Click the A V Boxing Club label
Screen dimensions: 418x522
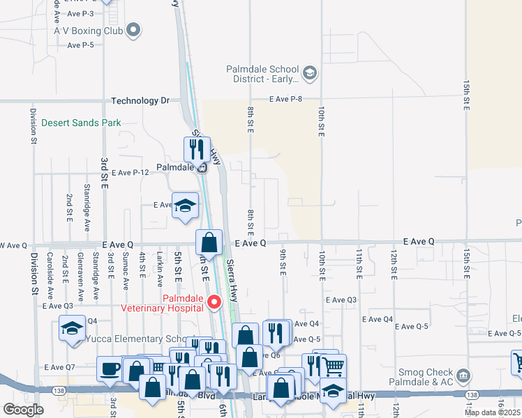click(x=89, y=31)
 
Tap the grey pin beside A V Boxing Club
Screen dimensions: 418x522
click(x=135, y=30)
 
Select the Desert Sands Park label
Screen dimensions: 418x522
click(x=81, y=123)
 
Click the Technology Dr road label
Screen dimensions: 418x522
click(x=140, y=101)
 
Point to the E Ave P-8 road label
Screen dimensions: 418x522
click(x=286, y=100)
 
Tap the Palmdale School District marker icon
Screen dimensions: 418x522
click(x=310, y=72)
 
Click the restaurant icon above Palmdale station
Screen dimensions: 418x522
click(x=197, y=148)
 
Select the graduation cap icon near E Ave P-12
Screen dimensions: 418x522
click(x=185, y=206)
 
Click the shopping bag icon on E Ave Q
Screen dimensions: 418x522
click(x=209, y=242)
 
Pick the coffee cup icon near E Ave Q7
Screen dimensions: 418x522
click(x=109, y=369)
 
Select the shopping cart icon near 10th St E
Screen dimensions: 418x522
click(x=334, y=365)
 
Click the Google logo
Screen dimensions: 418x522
click(x=23, y=410)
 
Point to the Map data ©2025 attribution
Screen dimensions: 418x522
click(x=493, y=412)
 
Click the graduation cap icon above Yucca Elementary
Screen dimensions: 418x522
click(x=71, y=329)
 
